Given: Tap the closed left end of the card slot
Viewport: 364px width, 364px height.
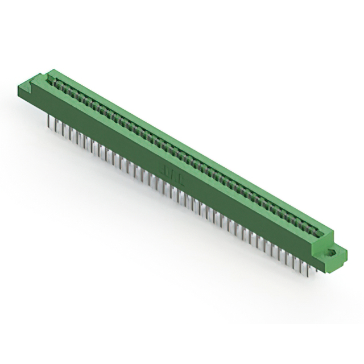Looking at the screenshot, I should [x=54, y=80].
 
